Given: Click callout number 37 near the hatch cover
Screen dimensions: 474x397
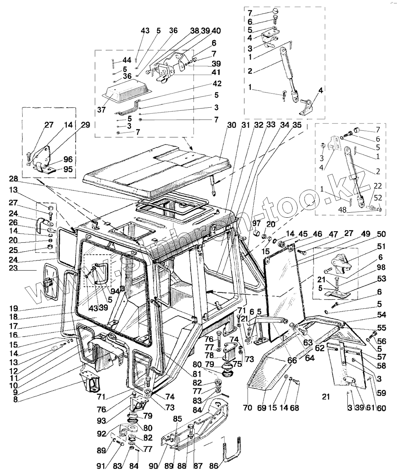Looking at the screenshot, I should (101, 110).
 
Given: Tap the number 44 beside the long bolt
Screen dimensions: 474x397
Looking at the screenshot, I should (127, 60).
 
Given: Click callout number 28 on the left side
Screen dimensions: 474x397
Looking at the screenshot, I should (14, 179).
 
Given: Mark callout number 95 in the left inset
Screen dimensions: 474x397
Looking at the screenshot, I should (68, 169).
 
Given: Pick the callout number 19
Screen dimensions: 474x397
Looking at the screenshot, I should (14, 308).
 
